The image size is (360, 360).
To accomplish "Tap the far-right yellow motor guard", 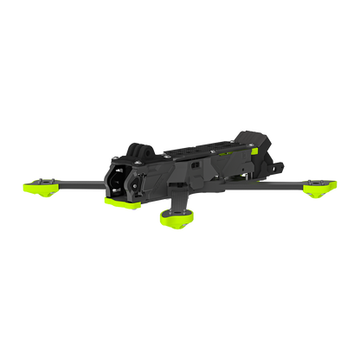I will click(322, 186).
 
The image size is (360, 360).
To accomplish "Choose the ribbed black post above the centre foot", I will click(177, 198).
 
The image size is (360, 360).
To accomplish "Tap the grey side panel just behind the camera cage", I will click(164, 172).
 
